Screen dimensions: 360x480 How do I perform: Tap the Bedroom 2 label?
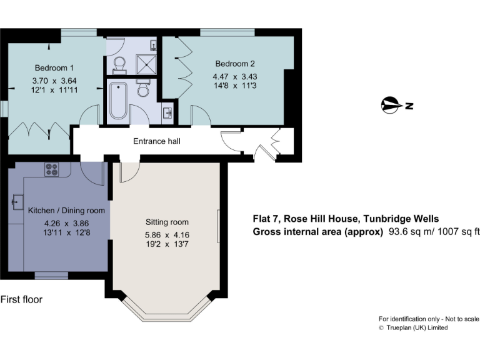coord(235,64)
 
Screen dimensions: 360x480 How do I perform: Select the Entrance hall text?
coord(157,141)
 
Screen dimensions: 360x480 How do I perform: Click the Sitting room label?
coord(167,222)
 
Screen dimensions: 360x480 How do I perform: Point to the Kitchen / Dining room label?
coord(67,211)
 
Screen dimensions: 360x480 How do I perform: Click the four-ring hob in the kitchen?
coord(51,169)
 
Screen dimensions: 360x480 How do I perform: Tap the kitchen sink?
coord(16,202)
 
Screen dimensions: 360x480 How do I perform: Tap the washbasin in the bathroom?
coord(167,113)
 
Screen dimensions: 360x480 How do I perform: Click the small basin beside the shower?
coord(154,44)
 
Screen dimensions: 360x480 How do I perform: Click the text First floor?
coord(21,299)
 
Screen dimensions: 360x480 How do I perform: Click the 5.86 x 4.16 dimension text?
coord(167,235)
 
